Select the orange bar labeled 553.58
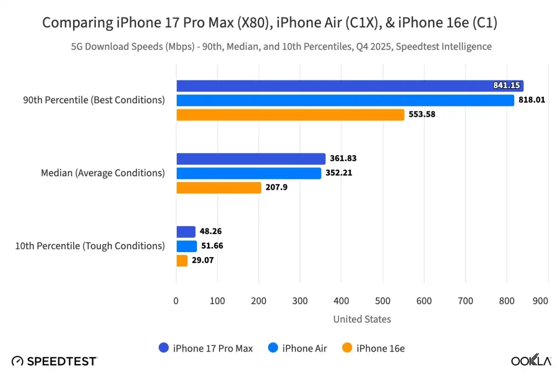(290, 115)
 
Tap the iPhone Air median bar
(248, 173)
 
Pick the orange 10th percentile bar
(182, 260)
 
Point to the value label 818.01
(532, 100)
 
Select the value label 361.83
(343, 159)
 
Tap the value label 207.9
(278, 187)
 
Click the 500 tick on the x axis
(383, 301)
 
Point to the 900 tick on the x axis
(540, 301)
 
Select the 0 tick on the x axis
(176, 301)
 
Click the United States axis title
(362, 319)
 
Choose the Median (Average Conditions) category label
(103, 173)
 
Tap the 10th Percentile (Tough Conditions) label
(90, 246)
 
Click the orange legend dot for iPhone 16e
(347, 348)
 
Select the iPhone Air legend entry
(298, 348)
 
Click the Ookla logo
(531, 361)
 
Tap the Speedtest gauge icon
(17, 361)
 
